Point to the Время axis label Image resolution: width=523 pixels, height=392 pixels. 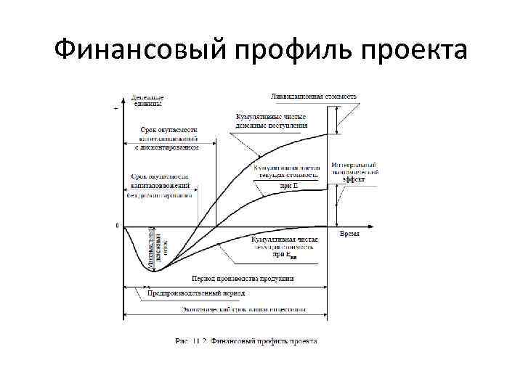(349, 234)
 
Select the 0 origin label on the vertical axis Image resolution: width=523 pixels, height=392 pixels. (118, 226)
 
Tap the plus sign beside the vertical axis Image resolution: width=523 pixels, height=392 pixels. (116, 108)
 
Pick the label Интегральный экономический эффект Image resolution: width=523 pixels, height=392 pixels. (354, 171)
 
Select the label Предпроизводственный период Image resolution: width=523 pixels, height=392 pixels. (197, 293)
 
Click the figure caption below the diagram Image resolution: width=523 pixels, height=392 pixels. (246, 340)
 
